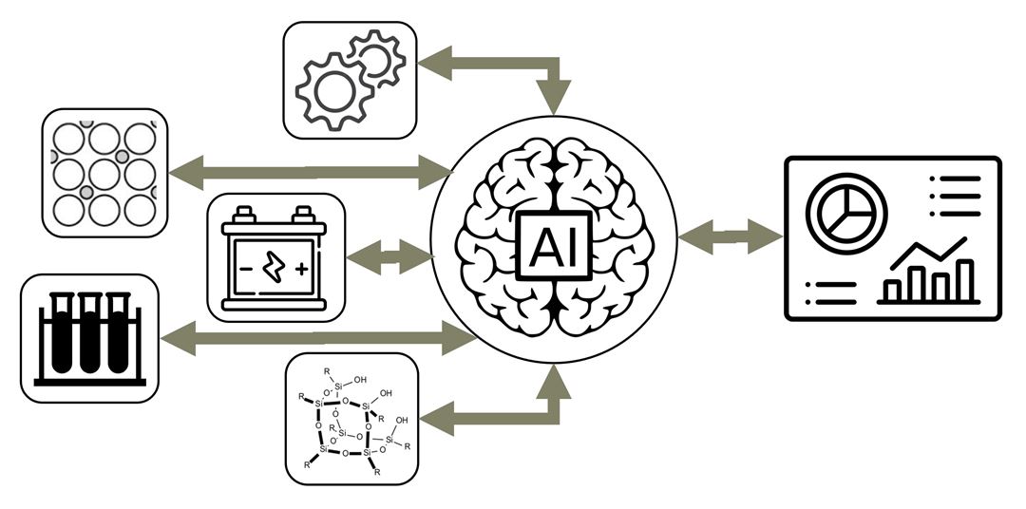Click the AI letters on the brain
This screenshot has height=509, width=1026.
[553, 249]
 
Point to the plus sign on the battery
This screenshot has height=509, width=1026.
[302, 269]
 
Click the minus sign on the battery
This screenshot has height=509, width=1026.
[245, 269]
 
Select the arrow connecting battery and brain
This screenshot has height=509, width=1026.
[389, 256]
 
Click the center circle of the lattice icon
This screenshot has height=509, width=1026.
[104, 174]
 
